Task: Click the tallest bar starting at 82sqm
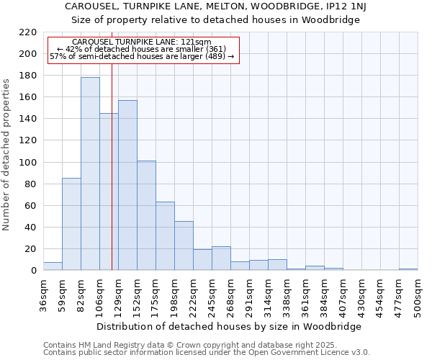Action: click(90, 174)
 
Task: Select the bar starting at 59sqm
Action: click(71, 224)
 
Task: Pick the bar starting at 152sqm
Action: click(146, 215)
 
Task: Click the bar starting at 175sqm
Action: click(165, 236)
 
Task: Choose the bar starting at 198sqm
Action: click(184, 246)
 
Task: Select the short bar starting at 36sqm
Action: click(53, 266)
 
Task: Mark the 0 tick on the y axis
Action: click(33, 271)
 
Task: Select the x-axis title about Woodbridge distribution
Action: click(228, 326)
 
